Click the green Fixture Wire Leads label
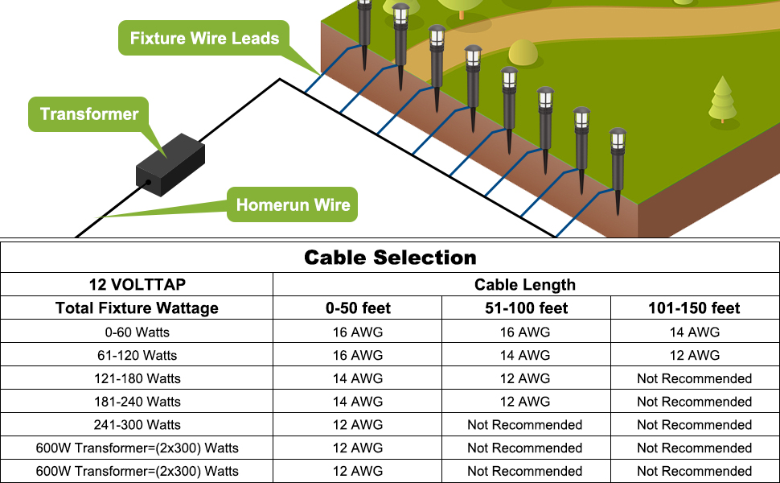click(x=204, y=38)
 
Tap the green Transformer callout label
click(x=89, y=114)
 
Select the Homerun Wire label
click(x=293, y=204)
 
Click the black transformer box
click(x=170, y=166)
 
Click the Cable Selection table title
click(x=390, y=258)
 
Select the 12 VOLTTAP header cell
click(x=137, y=284)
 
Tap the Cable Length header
click(x=525, y=284)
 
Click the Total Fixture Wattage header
click(x=137, y=308)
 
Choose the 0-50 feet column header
click(x=357, y=308)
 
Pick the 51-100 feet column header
click(x=525, y=308)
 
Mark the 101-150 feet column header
click(x=694, y=308)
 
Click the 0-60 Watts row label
click(x=137, y=332)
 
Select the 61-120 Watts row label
click(x=137, y=355)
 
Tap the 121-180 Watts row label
click(x=137, y=378)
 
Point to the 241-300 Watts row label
click(x=137, y=424)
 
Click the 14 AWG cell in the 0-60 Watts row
click(x=694, y=332)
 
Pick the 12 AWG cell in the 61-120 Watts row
click(x=694, y=355)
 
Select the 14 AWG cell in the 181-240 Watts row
click(x=357, y=402)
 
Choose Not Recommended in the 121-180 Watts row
click(x=694, y=378)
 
